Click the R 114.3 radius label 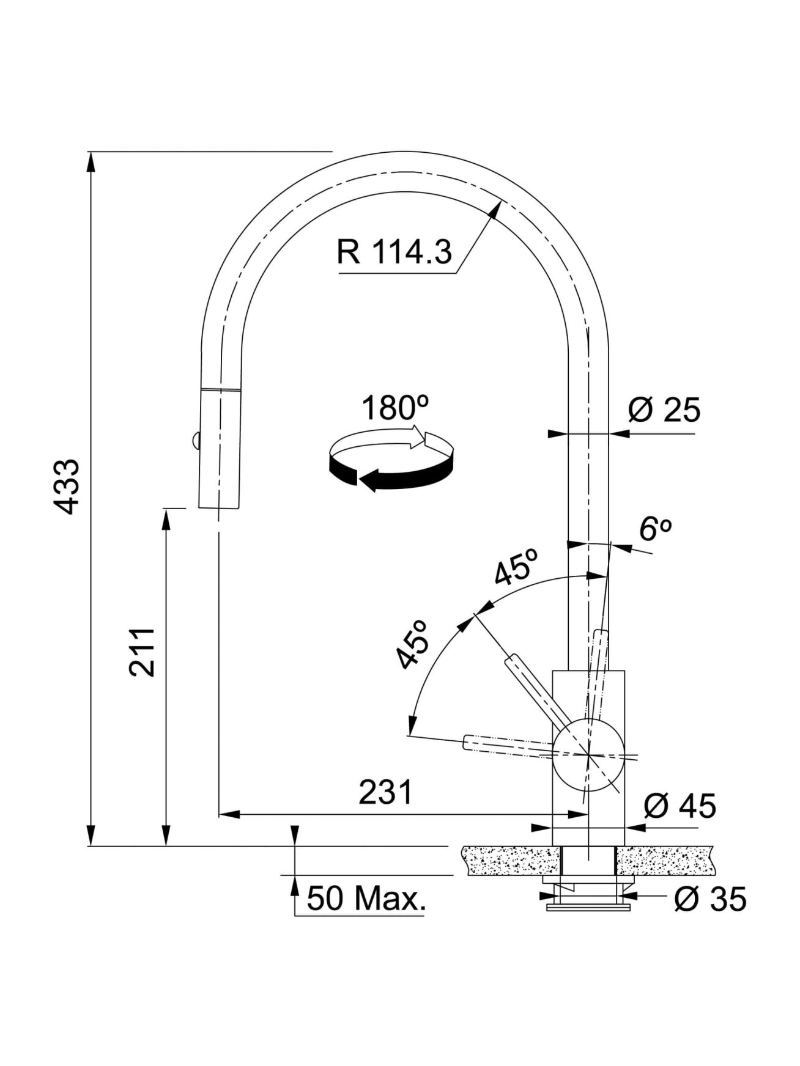pyautogui.click(x=394, y=251)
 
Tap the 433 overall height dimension pyautogui.click(x=66, y=487)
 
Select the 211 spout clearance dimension pyautogui.click(x=142, y=652)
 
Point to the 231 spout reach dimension pyautogui.click(x=386, y=793)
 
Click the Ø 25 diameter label pyautogui.click(x=664, y=410)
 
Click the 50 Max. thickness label pyautogui.click(x=366, y=899)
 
